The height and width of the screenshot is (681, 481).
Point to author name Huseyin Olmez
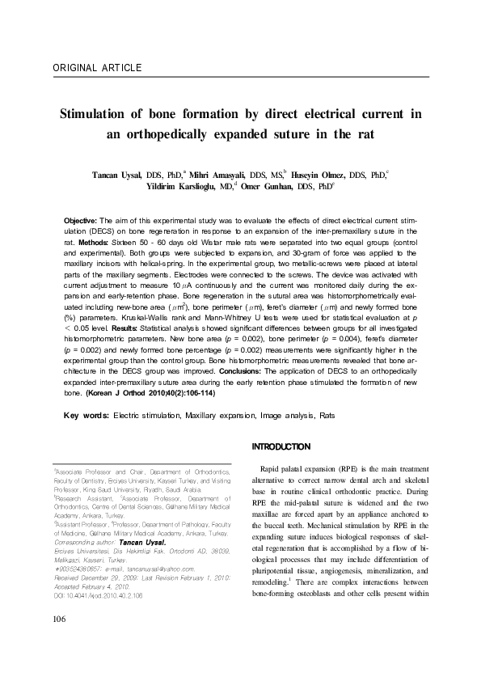pyautogui.click(x=318, y=174)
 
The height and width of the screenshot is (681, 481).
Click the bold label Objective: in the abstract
pyautogui.click(x=80, y=221)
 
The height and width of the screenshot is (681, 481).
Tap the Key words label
pyautogui.click(x=86, y=415)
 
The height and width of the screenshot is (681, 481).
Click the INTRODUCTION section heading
pyautogui.click(x=281, y=446)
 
